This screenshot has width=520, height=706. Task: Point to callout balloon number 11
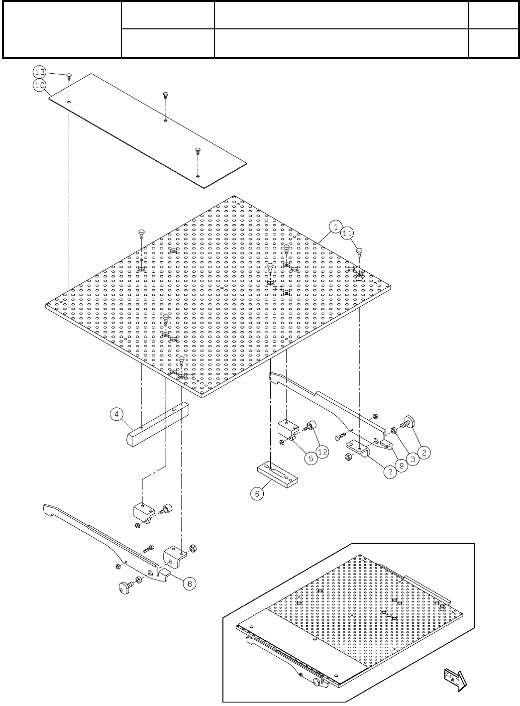click(x=348, y=233)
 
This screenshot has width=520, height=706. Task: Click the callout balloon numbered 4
click(x=117, y=414)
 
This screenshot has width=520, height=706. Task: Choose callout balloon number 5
click(x=311, y=458)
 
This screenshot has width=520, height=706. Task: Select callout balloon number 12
click(x=323, y=452)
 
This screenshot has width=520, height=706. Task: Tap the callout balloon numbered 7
click(x=390, y=471)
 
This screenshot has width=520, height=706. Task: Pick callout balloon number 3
click(x=413, y=460)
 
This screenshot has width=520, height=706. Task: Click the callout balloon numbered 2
click(x=424, y=453)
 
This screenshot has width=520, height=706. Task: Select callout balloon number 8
click(x=189, y=583)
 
